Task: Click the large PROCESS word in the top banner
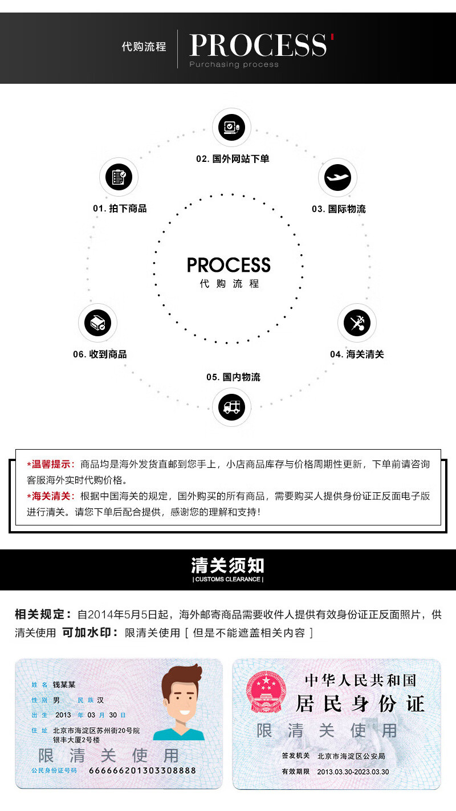click(x=258, y=45)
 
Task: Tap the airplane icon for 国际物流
click(x=337, y=178)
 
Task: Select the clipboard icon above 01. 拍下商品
click(x=119, y=178)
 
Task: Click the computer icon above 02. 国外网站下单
click(x=231, y=127)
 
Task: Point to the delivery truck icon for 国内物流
click(x=231, y=407)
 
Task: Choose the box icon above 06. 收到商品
click(x=97, y=323)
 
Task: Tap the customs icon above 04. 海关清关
click(x=357, y=323)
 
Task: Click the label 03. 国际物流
click(x=339, y=209)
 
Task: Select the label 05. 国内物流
click(x=233, y=377)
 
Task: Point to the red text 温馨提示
click(x=52, y=464)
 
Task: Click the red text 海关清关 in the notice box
click(x=52, y=496)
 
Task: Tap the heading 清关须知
click(x=228, y=565)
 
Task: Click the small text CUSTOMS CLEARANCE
click(x=228, y=580)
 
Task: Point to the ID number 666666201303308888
click(x=142, y=771)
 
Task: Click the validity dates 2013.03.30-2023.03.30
click(x=353, y=772)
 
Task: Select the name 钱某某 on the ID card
click(x=64, y=684)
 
